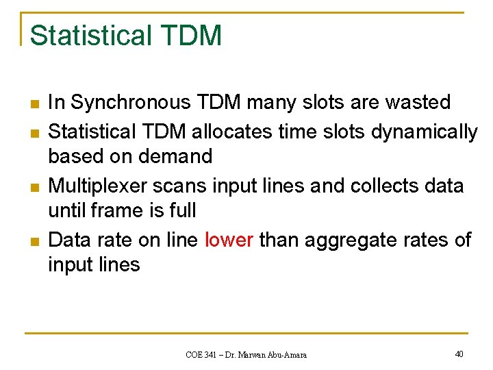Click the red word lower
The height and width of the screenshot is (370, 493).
(x=229, y=240)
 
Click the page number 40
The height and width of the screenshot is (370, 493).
(x=459, y=354)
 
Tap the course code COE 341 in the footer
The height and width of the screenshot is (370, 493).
(x=204, y=354)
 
